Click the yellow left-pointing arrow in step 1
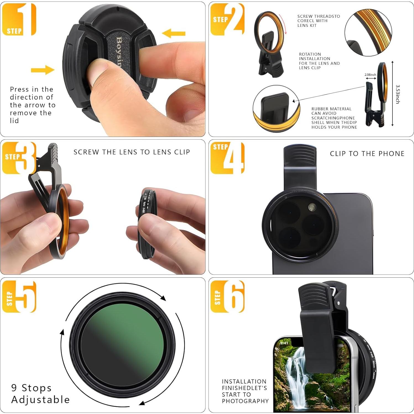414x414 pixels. tap(173, 33)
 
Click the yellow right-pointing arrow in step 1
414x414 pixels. tap(42, 70)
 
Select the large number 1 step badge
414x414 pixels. tap(19, 19)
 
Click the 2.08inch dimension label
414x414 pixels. tap(370, 75)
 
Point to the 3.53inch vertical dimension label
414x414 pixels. tap(397, 94)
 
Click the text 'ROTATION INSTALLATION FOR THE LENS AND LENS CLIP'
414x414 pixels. tap(319, 61)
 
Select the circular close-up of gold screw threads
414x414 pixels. tap(368, 32)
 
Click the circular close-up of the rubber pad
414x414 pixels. tap(276, 109)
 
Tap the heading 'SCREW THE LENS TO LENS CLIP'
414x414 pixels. tap(132, 152)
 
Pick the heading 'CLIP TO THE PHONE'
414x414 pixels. tap(367, 154)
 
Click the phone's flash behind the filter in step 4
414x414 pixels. tap(312, 207)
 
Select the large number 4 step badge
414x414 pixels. tap(228, 158)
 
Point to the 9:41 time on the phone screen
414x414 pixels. tap(284, 343)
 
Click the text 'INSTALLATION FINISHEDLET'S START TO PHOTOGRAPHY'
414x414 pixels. tap(245, 391)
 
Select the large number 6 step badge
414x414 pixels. tap(228, 296)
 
